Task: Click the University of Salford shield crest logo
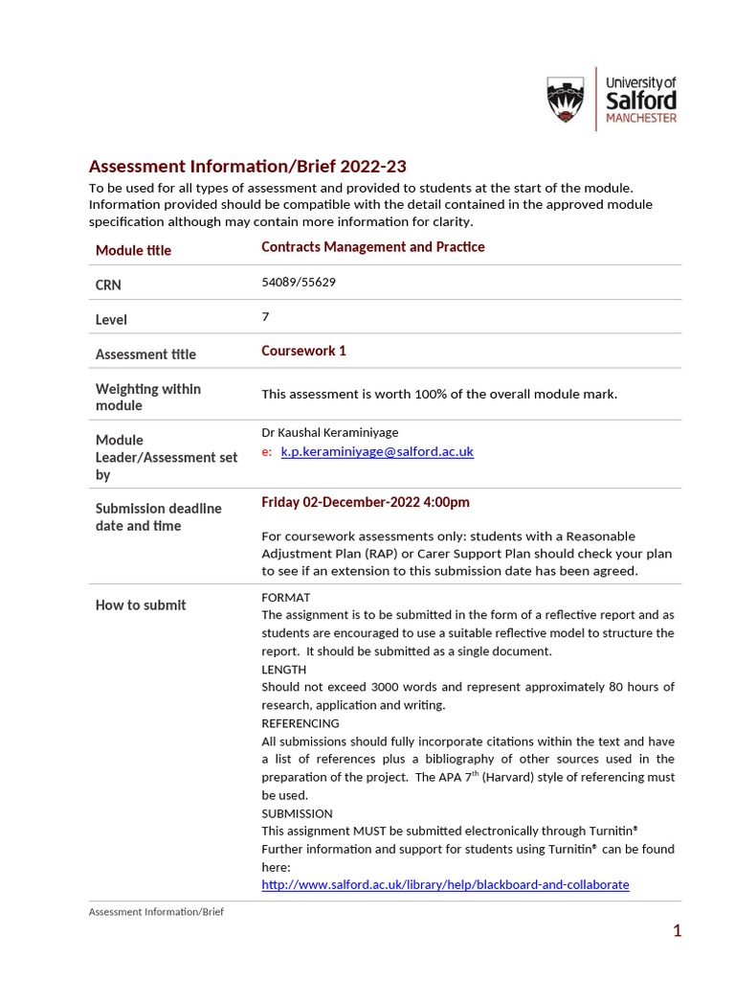pos(566,100)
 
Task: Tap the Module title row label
pos(133,250)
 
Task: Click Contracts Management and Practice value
pos(372,247)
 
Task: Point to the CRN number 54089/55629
pos(299,283)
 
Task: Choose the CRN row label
pos(108,285)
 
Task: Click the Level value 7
pos(265,316)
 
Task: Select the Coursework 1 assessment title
pos(303,351)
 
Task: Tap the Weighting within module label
pos(147,397)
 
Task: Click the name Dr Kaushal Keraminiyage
pos(329,432)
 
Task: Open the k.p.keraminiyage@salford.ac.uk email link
pos(376,451)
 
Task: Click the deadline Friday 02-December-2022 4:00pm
pos(366,502)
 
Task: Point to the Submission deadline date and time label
pos(158,516)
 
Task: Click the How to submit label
pos(141,605)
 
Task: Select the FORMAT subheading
pos(285,597)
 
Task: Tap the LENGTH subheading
pos(283,669)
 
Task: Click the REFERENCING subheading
pos(300,723)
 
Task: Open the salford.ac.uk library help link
pos(445,884)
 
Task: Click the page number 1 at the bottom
pos(677,930)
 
